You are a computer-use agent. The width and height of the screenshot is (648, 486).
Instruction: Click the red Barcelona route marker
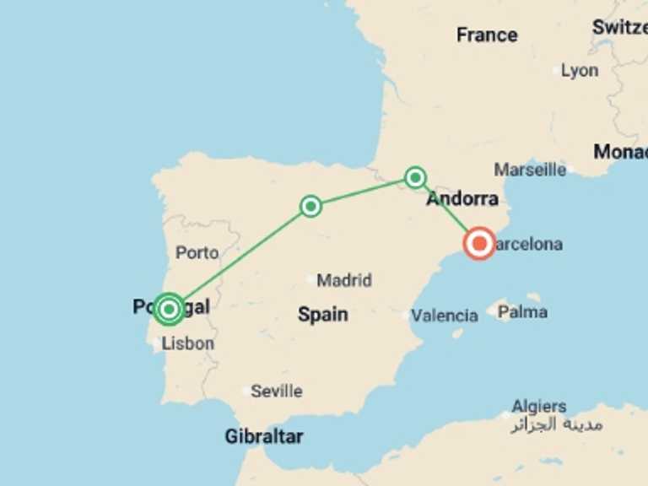coord(479,244)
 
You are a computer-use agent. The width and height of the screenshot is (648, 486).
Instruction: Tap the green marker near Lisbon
coord(169,310)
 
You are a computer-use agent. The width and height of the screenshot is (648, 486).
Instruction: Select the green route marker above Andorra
coord(415,177)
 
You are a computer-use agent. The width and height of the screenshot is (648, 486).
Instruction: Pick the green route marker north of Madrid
coord(310,206)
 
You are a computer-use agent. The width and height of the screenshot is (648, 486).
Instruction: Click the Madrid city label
coord(344,280)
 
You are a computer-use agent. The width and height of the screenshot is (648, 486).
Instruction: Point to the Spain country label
coord(322,315)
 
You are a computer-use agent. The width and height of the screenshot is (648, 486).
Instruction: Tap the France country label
coord(487,35)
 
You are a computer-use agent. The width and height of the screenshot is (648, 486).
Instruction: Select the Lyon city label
coord(580,71)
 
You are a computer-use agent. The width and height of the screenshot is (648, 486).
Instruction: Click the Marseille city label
coord(530,170)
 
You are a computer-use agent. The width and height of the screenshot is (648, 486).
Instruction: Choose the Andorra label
coord(462,199)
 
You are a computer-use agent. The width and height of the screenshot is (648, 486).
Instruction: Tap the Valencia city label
coord(445,316)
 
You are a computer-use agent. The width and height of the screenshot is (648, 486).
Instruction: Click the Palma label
coord(522,312)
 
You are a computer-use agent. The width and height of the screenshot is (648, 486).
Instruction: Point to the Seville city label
coord(277,391)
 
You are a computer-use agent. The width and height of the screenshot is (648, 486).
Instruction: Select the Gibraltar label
coord(264,436)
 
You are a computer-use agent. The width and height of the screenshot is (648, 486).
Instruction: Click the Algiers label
coord(538,407)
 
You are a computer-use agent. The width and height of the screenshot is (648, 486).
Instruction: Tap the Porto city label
coord(197,252)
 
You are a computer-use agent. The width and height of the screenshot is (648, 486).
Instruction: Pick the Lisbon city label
coord(188,343)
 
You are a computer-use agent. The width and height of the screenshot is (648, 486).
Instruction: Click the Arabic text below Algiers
coord(557,424)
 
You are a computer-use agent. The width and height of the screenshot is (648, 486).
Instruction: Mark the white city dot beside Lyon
coord(557,71)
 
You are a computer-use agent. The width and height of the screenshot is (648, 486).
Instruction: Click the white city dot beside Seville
coord(246,391)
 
